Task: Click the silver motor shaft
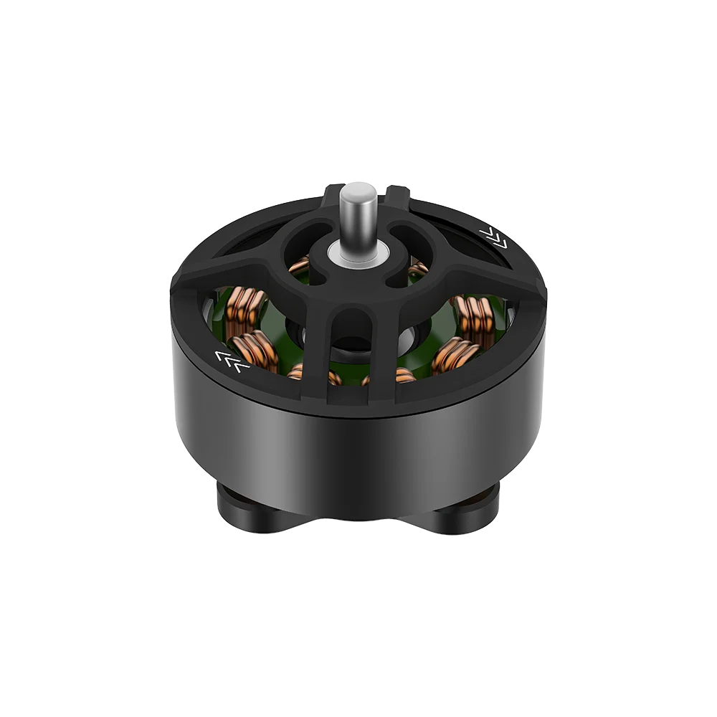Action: click(356, 219)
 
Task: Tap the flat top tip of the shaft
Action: click(356, 189)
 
